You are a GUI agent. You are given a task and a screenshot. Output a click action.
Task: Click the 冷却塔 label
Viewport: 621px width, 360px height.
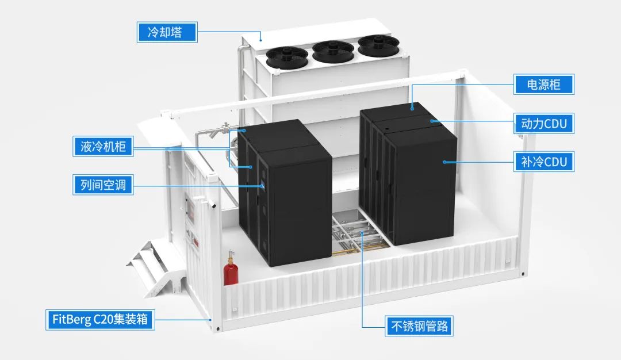(166, 32)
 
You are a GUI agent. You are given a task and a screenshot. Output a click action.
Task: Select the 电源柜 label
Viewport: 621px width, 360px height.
(543, 85)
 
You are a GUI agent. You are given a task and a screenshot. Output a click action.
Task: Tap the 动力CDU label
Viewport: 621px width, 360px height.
(543, 123)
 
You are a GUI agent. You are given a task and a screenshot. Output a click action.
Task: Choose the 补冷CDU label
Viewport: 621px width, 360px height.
(543, 162)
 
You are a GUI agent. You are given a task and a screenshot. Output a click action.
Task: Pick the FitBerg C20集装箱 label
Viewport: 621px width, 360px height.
(99, 319)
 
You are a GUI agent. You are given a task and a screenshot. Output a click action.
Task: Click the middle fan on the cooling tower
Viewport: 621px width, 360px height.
(333, 49)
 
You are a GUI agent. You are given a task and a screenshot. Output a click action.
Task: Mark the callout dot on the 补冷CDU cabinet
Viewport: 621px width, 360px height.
(444, 162)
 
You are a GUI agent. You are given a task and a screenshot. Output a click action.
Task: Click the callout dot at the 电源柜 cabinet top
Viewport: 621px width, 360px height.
(412, 106)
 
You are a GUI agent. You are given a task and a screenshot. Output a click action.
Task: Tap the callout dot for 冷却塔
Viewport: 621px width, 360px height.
(260, 40)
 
